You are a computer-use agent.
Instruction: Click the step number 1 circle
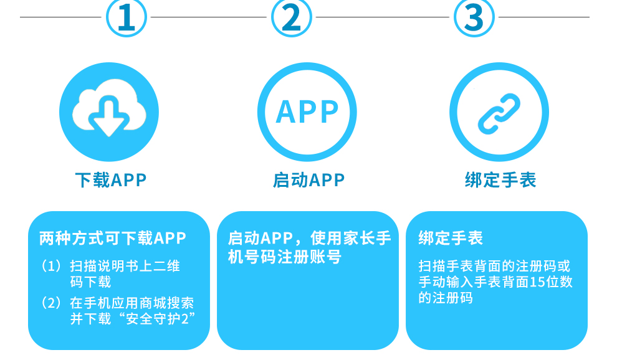tap(127, 17)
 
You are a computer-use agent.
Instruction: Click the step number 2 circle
tap(291, 17)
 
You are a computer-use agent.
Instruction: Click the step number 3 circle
tap(474, 17)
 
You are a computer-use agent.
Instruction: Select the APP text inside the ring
tap(307, 112)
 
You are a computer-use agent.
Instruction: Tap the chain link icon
tap(499, 113)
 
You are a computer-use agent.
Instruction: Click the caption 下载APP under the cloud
tap(110, 181)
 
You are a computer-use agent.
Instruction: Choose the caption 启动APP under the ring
tap(308, 181)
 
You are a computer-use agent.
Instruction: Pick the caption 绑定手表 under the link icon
tap(500, 181)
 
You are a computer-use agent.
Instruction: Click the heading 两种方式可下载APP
tap(113, 239)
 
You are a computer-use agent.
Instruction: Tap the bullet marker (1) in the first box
tap(52, 267)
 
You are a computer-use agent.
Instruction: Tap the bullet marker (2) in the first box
tap(52, 303)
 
